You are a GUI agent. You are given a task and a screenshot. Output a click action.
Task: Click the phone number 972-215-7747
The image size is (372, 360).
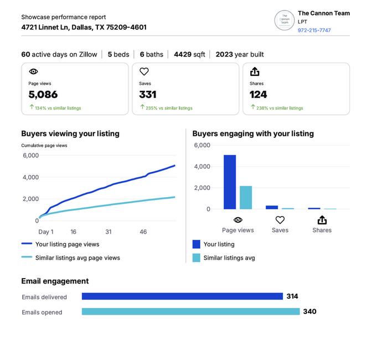[x=314, y=30]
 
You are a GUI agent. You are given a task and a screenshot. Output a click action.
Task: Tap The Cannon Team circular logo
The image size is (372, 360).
[x=284, y=20]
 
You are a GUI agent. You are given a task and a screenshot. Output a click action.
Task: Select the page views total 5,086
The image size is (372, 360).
[x=43, y=95]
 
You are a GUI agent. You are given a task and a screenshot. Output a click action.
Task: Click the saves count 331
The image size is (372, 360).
[x=148, y=95]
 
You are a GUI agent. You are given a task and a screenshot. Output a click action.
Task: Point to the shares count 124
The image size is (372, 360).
[x=258, y=95]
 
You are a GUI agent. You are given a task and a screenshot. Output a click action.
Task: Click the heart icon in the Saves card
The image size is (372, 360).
[x=144, y=71]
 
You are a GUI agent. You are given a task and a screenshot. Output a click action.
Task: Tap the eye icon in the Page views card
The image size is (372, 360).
[x=33, y=71]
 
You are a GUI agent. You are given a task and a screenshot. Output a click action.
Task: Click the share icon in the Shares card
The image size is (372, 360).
[x=255, y=71]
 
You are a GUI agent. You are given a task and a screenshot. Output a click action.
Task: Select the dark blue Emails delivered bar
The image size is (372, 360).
[x=182, y=296]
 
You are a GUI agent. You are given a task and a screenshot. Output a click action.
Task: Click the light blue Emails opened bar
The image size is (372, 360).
[x=191, y=311]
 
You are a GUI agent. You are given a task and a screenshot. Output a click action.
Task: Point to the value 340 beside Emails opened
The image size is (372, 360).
[x=309, y=311]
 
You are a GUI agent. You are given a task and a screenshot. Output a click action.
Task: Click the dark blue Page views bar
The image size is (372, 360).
[x=230, y=182]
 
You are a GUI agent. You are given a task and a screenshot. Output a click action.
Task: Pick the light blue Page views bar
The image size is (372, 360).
[x=246, y=197]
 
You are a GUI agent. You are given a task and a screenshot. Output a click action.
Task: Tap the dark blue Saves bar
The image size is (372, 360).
[x=272, y=207]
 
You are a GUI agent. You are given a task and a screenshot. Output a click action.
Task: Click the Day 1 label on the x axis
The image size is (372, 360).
[x=46, y=232]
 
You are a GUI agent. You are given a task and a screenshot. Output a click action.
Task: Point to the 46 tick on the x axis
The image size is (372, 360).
[x=143, y=232]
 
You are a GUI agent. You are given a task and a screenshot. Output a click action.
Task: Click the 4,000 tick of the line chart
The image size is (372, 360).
[x=30, y=177]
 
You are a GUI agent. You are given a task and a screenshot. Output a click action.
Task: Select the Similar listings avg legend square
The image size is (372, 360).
[x=196, y=258]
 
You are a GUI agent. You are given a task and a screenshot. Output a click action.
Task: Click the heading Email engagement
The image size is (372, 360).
[x=55, y=281]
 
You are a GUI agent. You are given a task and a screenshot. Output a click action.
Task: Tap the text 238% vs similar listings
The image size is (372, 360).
[x=280, y=108]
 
